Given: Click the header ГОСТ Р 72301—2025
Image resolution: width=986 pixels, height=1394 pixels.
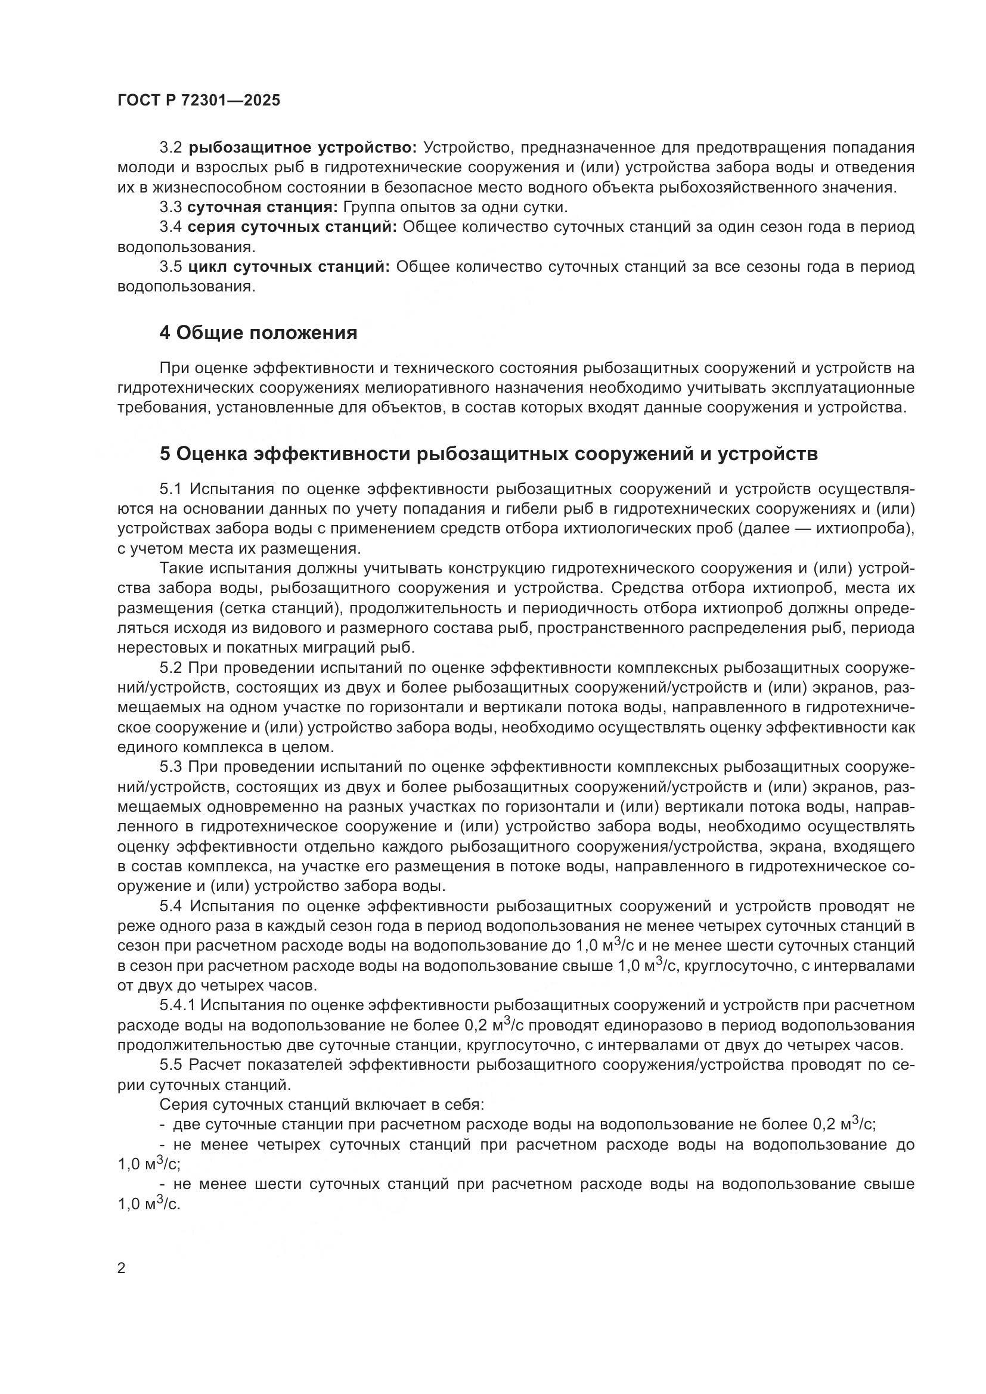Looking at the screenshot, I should (x=199, y=101).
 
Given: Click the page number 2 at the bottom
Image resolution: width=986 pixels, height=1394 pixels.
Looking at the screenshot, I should (x=122, y=1268).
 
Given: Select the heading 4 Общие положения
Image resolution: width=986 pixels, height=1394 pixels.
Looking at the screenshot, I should (x=258, y=333).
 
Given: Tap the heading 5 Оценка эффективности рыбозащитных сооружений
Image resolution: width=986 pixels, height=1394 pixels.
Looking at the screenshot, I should (x=488, y=454).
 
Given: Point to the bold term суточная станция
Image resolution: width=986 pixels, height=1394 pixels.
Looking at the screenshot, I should (x=262, y=207).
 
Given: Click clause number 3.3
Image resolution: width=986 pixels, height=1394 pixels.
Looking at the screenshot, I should (x=170, y=207).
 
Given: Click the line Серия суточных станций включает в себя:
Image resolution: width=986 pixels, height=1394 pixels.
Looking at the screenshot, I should (x=321, y=1105).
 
